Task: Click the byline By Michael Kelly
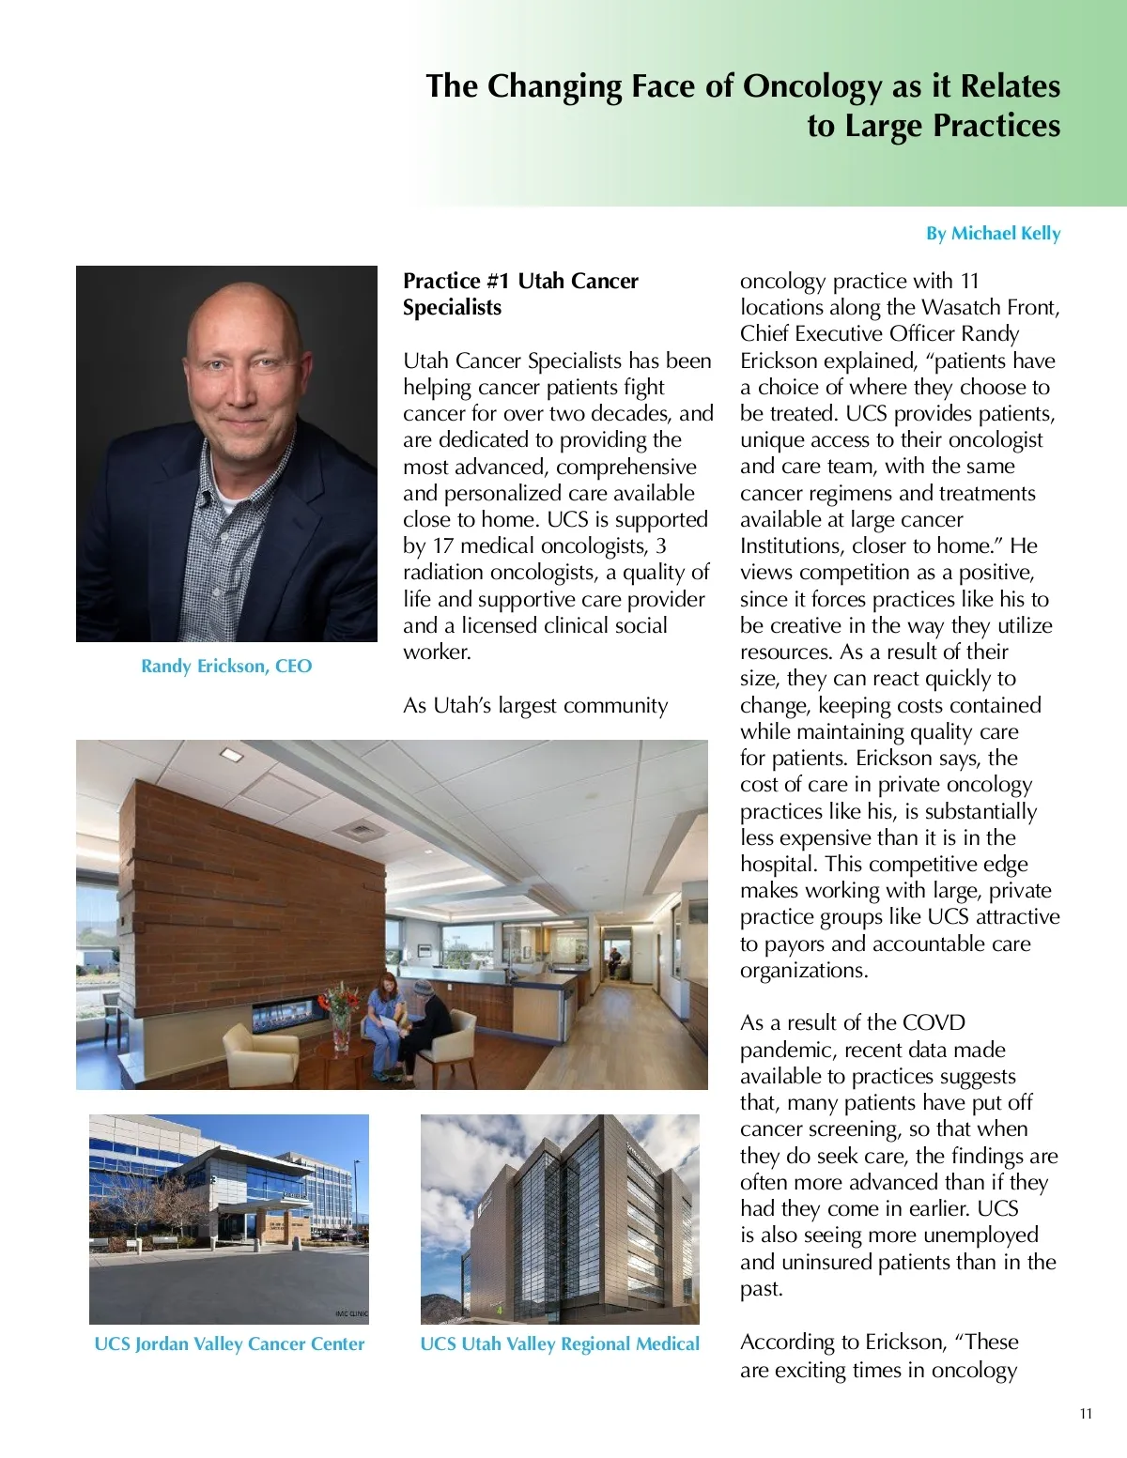coord(993,233)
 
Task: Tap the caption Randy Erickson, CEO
coord(226,666)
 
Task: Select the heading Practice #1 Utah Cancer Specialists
coord(520,294)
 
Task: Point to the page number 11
coord(1086,1414)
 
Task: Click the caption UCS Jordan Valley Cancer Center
coord(229,1343)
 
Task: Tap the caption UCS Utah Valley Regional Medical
coord(560,1343)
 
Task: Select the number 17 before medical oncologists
coord(445,545)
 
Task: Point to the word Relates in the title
coord(1010,86)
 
